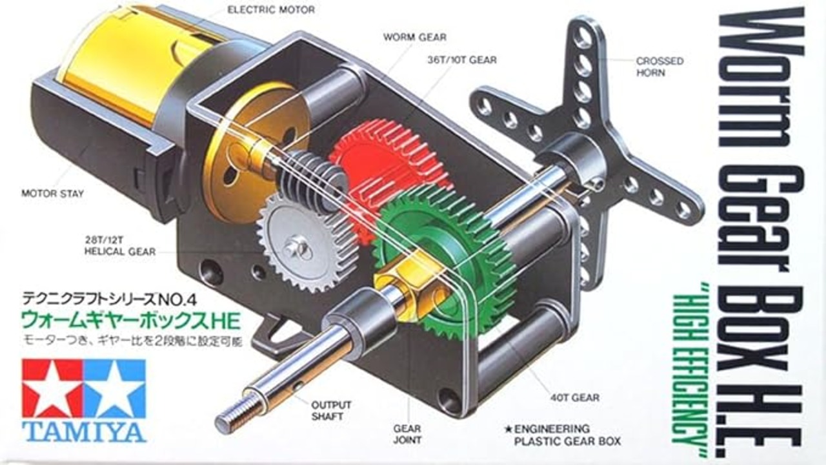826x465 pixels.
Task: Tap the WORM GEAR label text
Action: [414, 37]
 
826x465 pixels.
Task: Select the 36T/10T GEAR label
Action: [461, 60]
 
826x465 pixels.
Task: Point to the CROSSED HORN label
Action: [660, 67]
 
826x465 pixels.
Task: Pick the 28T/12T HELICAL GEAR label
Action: [120, 245]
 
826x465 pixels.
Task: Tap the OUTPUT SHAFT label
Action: [331, 411]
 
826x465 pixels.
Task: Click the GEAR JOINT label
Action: [407, 434]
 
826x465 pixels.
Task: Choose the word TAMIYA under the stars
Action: [84, 431]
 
